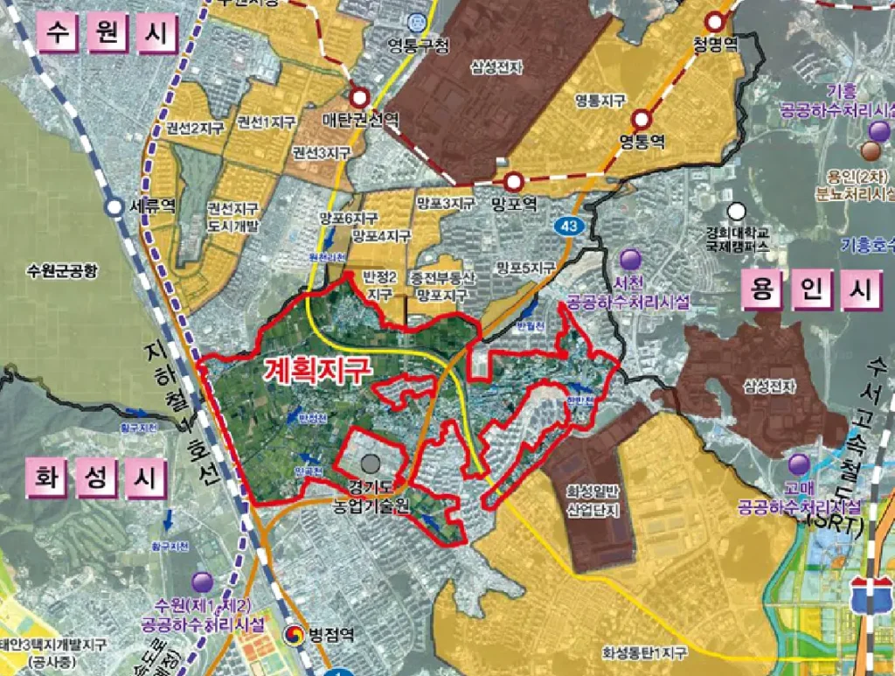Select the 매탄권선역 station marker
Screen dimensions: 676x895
click(x=359, y=98)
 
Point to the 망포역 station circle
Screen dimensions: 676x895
click(x=513, y=182)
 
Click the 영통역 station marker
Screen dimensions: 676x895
click(x=643, y=117)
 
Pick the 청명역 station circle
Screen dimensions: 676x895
click(x=717, y=21)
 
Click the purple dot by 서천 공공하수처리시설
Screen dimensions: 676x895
click(x=630, y=259)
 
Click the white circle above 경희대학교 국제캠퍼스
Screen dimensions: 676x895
click(x=738, y=212)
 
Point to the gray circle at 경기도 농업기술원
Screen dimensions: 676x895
click(x=371, y=463)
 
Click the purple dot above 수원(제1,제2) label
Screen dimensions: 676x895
click(x=203, y=582)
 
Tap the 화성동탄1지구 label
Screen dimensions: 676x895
click(x=644, y=652)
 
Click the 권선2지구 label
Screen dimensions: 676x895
click(x=189, y=128)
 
